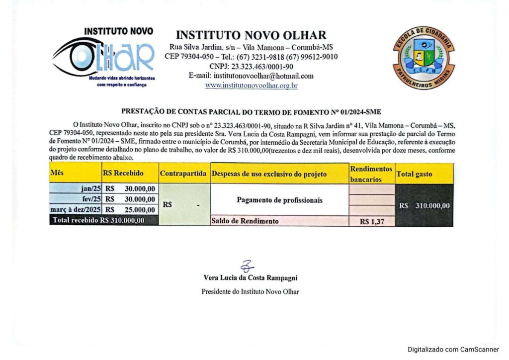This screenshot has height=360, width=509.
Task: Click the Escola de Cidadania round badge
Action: click(x=423, y=58)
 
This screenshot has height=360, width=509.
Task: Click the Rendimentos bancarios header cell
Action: click(x=371, y=174)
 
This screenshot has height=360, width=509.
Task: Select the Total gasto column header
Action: click(x=414, y=174)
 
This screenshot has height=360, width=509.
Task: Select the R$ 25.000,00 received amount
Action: click(x=131, y=209)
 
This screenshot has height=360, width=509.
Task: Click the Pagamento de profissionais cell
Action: click(x=279, y=200)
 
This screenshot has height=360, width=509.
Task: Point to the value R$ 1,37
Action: click(x=372, y=222)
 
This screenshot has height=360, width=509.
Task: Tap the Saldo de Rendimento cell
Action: click(x=245, y=221)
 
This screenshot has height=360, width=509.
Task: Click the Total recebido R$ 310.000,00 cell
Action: click(x=99, y=220)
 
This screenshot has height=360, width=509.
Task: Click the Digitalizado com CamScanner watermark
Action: click(x=453, y=350)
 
